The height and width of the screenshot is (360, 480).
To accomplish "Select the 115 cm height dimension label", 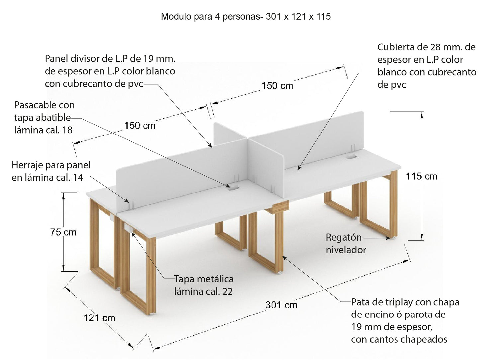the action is [x=422, y=176].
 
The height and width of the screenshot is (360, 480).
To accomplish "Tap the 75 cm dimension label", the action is [x=63, y=232].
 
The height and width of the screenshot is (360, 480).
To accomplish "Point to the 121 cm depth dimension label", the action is [x=99, y=318].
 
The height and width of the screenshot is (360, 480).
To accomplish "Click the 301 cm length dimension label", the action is [x=281, y=305].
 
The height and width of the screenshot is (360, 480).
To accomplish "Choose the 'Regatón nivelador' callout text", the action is [x=346, y=243].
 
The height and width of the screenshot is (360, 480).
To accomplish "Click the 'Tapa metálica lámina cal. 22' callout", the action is [x=204, y=285].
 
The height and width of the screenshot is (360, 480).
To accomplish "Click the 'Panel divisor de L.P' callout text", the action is [x=110, y=71].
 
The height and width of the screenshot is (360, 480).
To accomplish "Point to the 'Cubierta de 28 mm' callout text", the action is [x=427, y=66].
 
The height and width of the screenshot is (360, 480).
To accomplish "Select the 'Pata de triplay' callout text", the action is [x=405, y=321].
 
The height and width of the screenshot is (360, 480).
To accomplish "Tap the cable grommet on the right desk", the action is [x=351, y=157].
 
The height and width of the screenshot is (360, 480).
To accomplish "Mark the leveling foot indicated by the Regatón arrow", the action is [x=393, y=238].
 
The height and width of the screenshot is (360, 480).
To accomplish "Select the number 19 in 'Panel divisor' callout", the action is [x=148, y=58].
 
